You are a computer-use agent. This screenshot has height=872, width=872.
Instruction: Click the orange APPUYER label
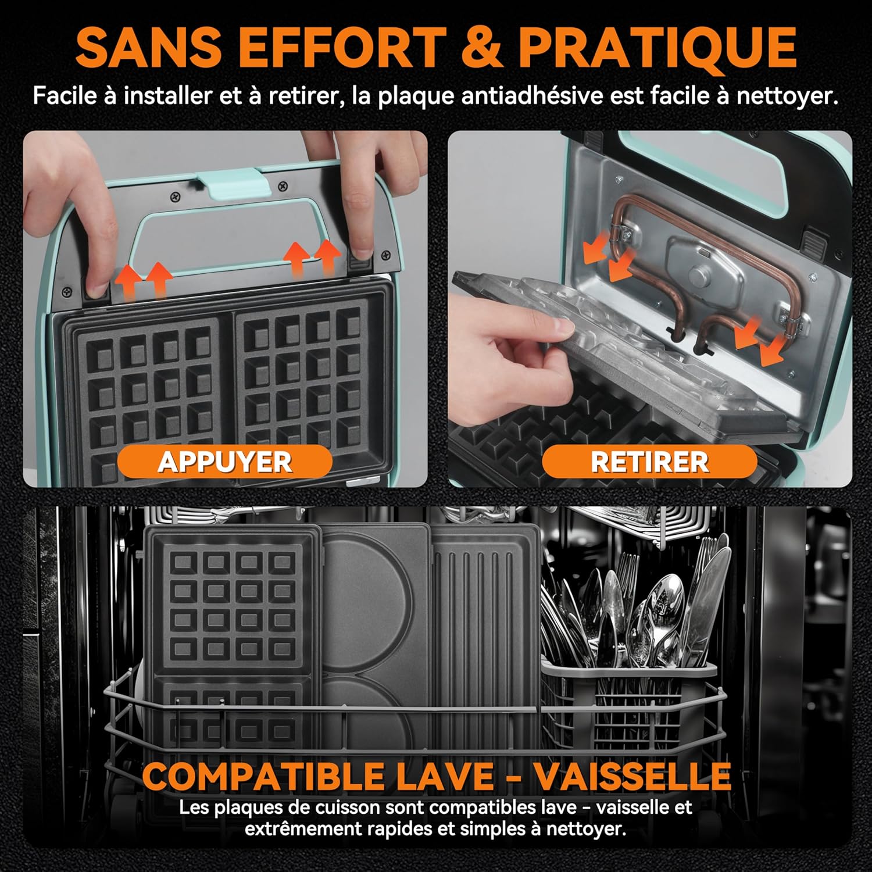(224, 462)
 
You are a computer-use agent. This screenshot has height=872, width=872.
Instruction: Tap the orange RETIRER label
(649, 462)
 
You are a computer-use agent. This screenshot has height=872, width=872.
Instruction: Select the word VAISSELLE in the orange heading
(632, 776)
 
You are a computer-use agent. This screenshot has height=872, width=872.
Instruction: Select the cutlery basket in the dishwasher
(631, 703)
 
